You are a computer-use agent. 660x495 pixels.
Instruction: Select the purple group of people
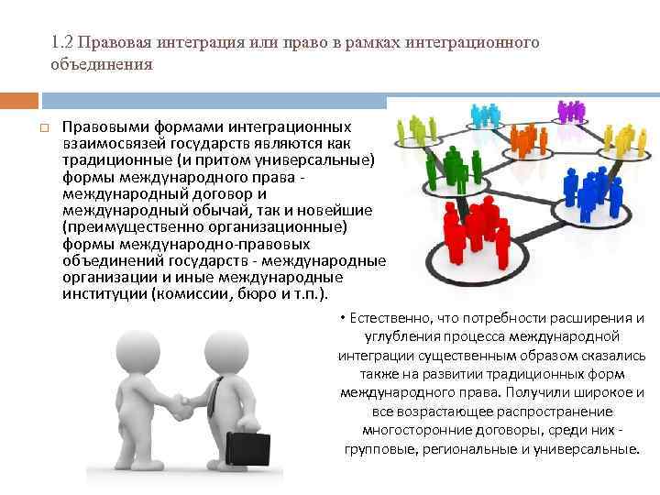tap(571, 111)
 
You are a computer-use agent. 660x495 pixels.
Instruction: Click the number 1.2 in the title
tap(63, 43)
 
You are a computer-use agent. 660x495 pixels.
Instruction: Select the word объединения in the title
tap(102, 65)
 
